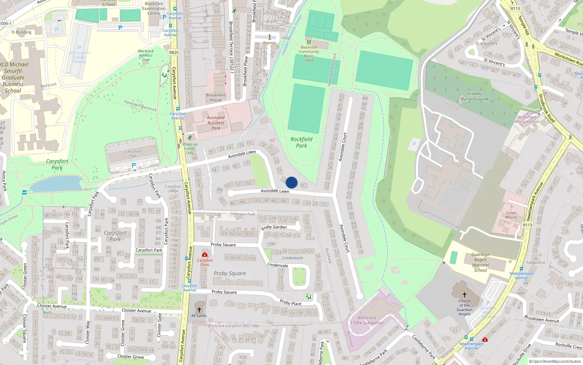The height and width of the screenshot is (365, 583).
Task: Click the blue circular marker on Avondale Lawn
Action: pyautogui.click(x=291, y=182)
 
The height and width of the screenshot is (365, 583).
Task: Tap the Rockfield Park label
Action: pyautogui.click(x=301, y=142)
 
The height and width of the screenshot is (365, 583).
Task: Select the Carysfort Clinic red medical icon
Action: pyautogui.click(x=205, y=254)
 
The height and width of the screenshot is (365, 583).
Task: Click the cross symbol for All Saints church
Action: pyautogui.click(x=199, y=310)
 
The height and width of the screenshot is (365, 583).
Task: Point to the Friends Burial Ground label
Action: pyautogui.click(x=474, y=96)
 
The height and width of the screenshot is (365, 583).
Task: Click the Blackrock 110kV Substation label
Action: pyautogui.click(x=367, y=320)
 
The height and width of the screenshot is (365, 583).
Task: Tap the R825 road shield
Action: pyautogui.click(x=174, y=53)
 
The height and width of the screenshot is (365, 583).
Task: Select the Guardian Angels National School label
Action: pyautogui.click(x=480, y=262)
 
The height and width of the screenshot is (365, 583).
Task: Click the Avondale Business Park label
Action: pyautogui.click(x=216, y=123)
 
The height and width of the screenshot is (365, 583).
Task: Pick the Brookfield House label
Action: pyautogui.click(x=216, y=97)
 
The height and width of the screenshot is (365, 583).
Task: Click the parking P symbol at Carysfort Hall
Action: pyautogui.click(x=134, y=166)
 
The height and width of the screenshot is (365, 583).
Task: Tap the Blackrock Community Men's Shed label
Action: pyautogui.click(x=309, y=54)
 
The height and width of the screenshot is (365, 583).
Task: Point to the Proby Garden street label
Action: pyautogui.click(x=274, y=227)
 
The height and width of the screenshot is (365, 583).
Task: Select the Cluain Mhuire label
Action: pyautogui.click(x=511, y=215)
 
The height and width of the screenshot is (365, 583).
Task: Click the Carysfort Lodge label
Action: pyautogui.click(x=173, y=188)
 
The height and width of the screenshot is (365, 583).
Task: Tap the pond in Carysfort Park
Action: pyautogui.click(x=56, y=184)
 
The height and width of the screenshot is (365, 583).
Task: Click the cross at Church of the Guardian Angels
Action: pyautogui.click(x=464, y=295)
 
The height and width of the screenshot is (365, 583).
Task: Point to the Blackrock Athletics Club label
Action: pyautogui.click(x=146, y=55)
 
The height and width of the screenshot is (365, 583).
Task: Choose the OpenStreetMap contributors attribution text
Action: pyautogui.click(x=555, y=361)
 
